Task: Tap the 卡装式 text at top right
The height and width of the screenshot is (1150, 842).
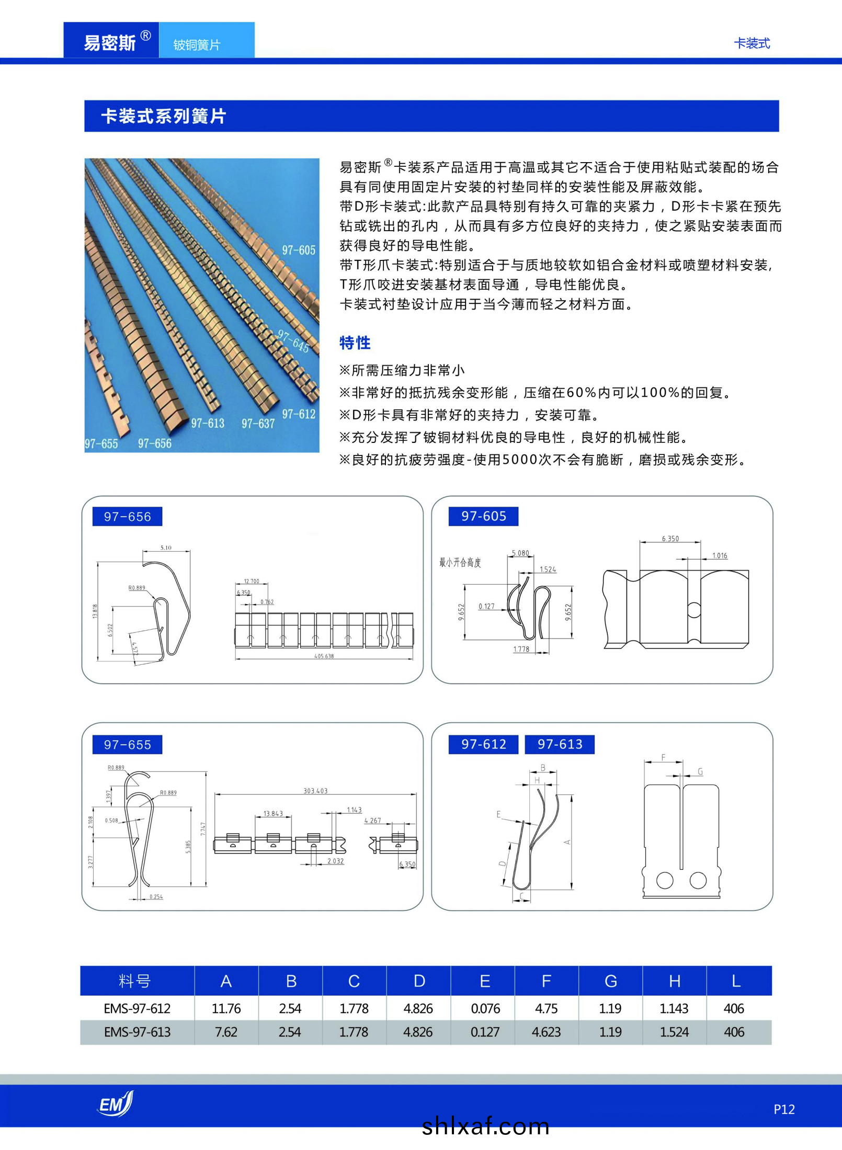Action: pos(752,43)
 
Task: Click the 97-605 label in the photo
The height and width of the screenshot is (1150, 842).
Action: pos(299,251)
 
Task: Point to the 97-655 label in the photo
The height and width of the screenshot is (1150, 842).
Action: pos(101,444)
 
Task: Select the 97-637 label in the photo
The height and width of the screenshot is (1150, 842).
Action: pos(258,424)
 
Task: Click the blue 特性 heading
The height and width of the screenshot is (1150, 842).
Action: pos(355,343)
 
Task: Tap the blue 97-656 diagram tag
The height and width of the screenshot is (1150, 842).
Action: pos(127,517)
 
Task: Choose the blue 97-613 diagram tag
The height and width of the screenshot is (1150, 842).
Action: pos(560,744)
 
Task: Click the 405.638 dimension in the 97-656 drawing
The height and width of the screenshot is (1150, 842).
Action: pos(324,656)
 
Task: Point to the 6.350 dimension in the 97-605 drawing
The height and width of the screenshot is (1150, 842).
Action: pos(670,539)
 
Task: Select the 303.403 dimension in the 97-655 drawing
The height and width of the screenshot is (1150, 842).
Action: pos(315,791)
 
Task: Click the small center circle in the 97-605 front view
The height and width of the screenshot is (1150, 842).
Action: pos(693,610)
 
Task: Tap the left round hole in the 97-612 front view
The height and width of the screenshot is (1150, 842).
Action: pos(665,880)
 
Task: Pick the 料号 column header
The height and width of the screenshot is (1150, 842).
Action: pos(134,981)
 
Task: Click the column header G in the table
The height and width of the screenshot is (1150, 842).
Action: pos(610,981)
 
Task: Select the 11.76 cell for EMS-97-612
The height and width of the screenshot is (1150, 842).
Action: pos(226,1009)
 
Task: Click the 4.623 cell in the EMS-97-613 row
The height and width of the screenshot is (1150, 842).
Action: pos(546,1032)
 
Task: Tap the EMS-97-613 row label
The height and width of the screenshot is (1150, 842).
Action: pos(137,1032)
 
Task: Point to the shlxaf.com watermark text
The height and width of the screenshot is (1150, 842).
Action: pos(485,1126)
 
